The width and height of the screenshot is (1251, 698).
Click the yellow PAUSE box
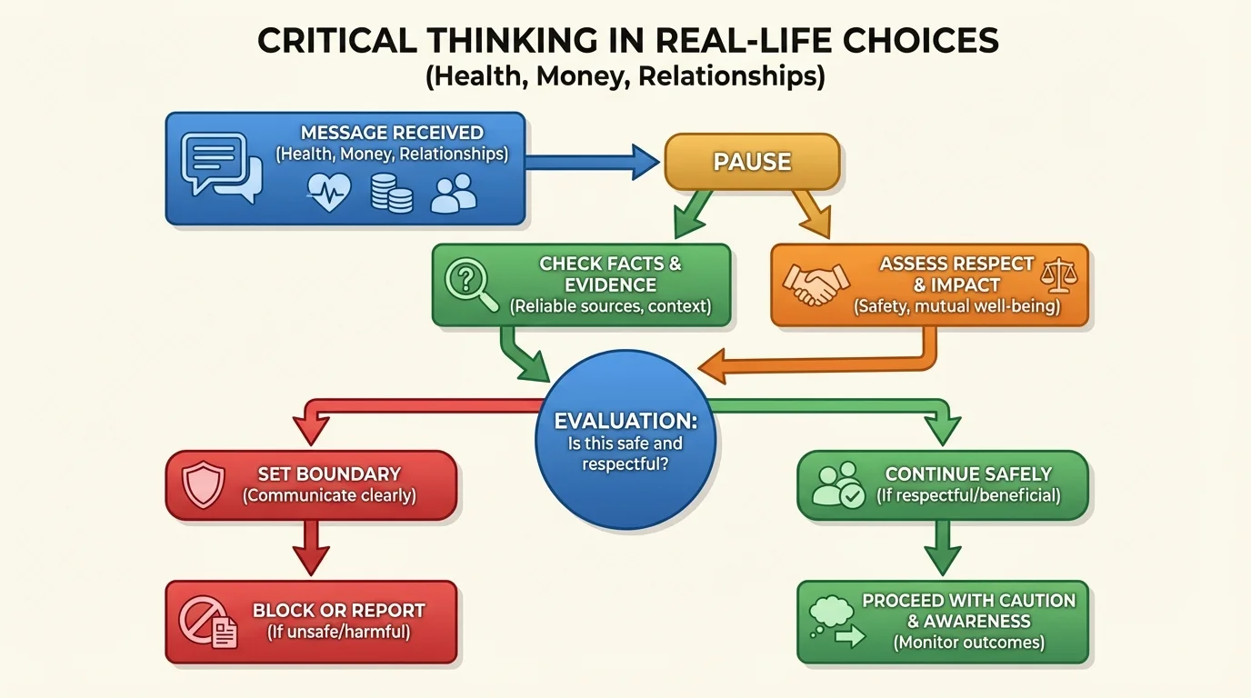click(752, 162)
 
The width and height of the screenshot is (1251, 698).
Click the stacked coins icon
click(391, 193)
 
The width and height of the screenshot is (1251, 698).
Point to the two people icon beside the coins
click(454, 193)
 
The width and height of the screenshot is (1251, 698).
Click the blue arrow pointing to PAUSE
click(591, 163)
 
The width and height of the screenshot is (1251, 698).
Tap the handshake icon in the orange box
click(816, 284)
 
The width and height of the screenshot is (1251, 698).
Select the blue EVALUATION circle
click(625, 440)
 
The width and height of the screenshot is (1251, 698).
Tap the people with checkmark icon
click(837, 485)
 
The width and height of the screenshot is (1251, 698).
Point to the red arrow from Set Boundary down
click(311, 548)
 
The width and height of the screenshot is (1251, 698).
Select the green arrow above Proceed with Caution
click(942, 547)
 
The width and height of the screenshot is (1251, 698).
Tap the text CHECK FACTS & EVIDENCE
click(610, 274)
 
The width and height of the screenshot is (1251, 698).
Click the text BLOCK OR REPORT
click(338, 611)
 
